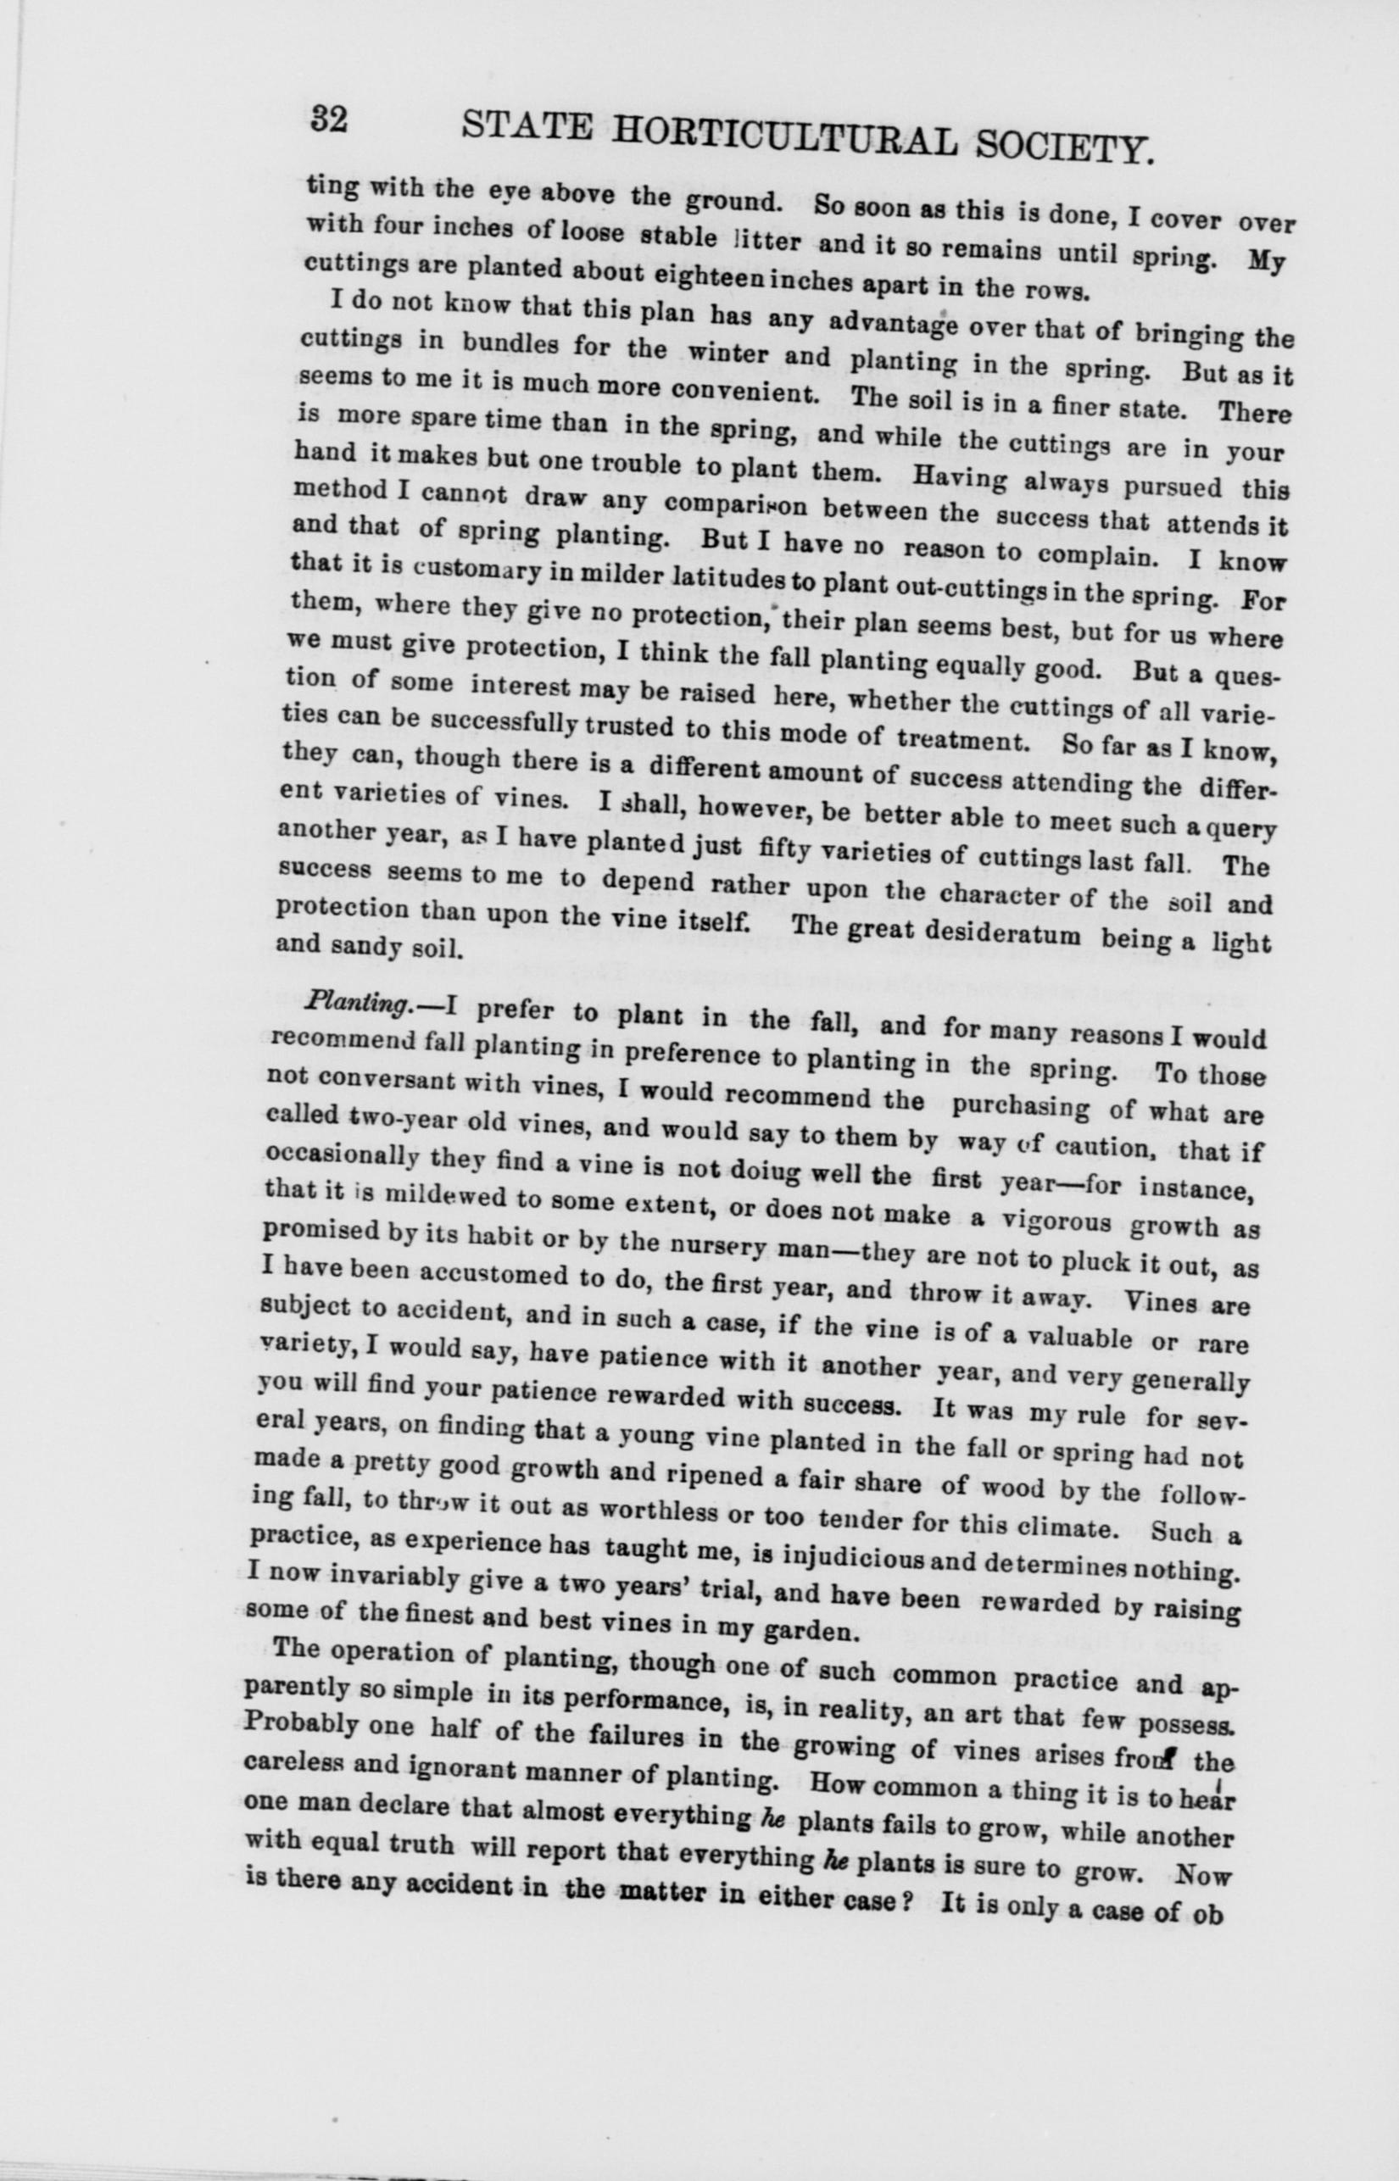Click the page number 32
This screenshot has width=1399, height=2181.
pos(329,119)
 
